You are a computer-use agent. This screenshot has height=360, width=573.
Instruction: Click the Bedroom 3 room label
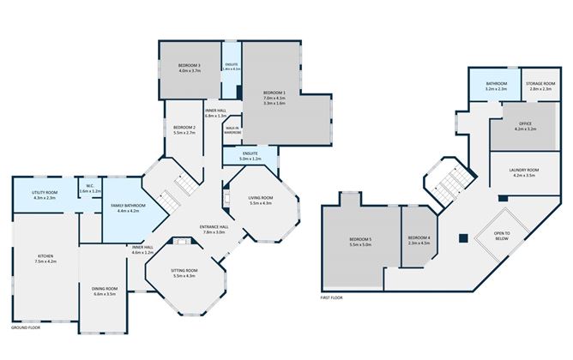click(x=190, y=67)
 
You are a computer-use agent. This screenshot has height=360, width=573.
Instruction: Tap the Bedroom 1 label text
click(x=274, y=93)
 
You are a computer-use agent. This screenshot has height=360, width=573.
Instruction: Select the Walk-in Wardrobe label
click(x=232, y=129)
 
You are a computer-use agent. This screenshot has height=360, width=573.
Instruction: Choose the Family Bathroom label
click(x=128, y=206)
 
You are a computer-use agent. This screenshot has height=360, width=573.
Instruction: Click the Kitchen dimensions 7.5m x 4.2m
click(x=45, y=261)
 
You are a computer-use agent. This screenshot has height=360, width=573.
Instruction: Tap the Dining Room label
click(x=104, y=289)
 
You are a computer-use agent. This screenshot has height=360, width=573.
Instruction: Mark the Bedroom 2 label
click(x=185, y=128)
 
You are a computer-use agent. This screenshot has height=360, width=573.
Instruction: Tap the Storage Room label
click(x=540, y=84)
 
